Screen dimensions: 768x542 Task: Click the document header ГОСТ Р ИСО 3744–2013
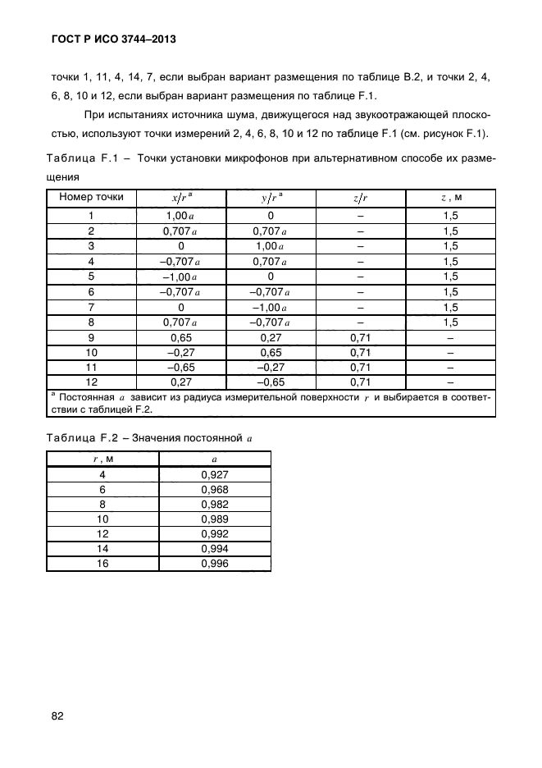[114, 39]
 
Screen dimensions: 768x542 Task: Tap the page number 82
[57, 715]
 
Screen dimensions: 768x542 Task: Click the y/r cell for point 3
[270, 245]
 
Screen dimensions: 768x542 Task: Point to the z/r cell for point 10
[360, 352]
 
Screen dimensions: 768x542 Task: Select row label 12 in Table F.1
[91, 382]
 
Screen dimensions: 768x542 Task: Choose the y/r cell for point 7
[270, 306]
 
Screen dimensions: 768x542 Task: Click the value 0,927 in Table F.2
[214, 473]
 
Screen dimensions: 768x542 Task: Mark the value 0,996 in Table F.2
[214, 563]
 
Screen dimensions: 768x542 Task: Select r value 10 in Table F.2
[102, 519]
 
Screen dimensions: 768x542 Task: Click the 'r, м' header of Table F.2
[102, 459]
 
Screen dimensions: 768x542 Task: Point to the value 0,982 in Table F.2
[214, 504]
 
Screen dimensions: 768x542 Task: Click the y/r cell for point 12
[270, 382]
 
